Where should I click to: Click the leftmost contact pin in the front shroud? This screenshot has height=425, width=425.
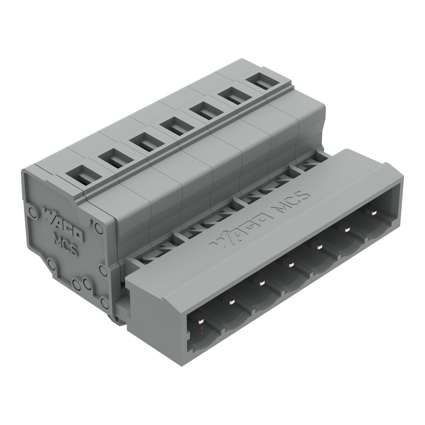pyautogui.click(x=199, y=320)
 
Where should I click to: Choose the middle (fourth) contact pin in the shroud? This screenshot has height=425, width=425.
pyautogui.click(x=291, y=265)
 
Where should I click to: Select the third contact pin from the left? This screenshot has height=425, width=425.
pyautogui.click(x=262, y=283)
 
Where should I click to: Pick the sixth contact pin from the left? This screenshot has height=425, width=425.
pyautogui.click(x=347, y=229)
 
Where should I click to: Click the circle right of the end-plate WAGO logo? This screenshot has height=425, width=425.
pyautogui.click(x=99, y=228)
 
